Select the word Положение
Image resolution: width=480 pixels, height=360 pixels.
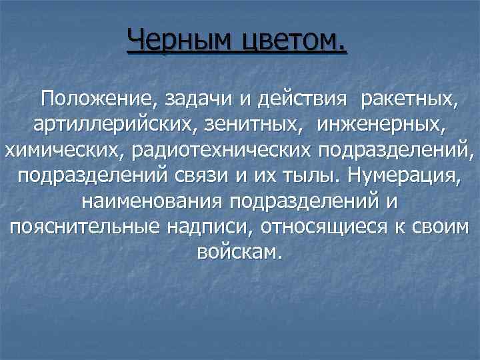pyautogui.click(x=97, y=101)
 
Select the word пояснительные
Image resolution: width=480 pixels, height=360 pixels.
pyautogui.click(x=84, y=227)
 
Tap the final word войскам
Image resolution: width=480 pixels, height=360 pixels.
pyautogui.click(x=241, y=252)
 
